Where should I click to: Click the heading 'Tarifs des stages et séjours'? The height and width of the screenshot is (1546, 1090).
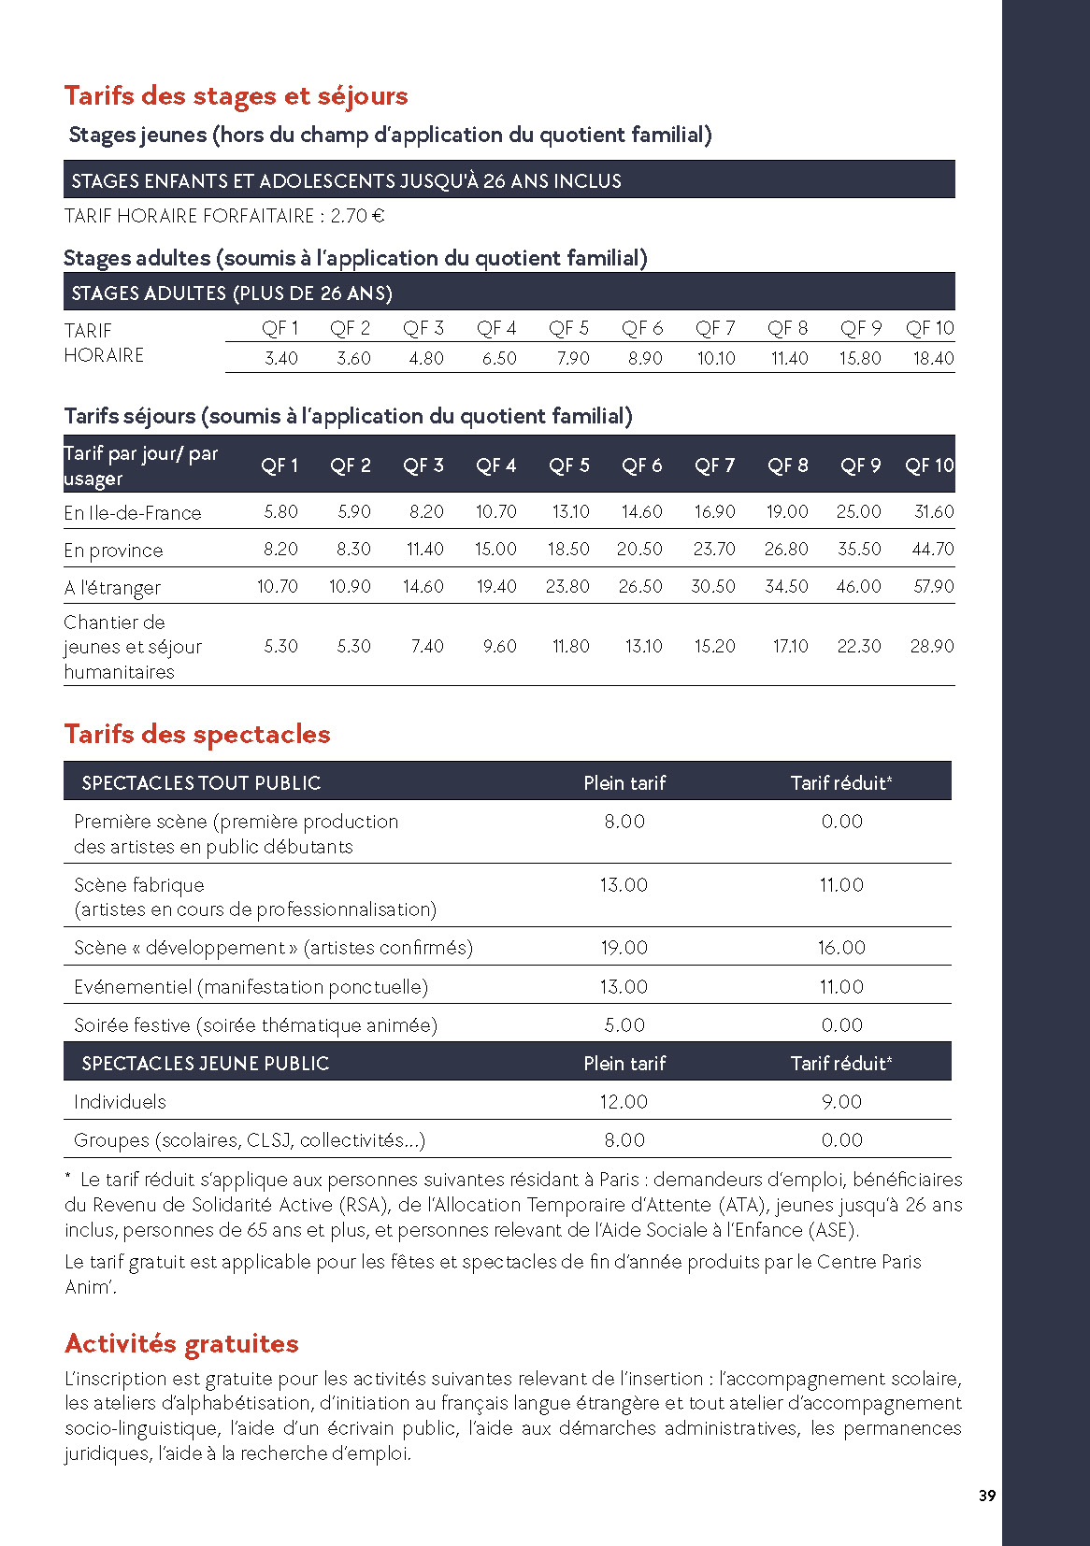[236, 95]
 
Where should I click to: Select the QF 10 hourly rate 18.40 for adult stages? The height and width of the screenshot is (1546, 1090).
[933, 358]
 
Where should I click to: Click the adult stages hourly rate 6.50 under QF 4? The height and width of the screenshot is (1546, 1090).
[499, 358]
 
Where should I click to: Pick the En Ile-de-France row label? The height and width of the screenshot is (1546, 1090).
[133, 512]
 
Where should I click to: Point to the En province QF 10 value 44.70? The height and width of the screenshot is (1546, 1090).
[932, 549]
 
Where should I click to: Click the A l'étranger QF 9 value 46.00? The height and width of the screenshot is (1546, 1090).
[858, 586]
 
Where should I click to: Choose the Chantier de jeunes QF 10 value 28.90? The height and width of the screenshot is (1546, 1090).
[932, 646]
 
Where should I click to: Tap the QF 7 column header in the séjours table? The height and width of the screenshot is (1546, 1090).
[714, 465]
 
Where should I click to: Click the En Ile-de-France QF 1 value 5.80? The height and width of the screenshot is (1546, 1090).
[280, 511]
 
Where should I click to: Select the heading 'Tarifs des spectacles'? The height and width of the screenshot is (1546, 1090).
[197, 734]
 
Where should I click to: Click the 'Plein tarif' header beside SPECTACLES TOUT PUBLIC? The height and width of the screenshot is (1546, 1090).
[624, 782]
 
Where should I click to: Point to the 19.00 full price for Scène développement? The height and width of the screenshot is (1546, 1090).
[624, 947]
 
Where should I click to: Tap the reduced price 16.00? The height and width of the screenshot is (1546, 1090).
[841, 947]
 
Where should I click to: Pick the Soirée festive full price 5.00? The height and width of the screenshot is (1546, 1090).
[624, 1024]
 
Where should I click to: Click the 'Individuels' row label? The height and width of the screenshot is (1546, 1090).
[120, 1101]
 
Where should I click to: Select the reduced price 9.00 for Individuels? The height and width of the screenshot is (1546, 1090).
[841, 1101]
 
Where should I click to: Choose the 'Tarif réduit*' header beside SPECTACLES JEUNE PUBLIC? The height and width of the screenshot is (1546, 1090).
[841, 1063]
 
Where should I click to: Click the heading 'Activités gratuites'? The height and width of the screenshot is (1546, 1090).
[181, 1343]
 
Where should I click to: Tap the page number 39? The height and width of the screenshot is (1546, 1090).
[987, 1496]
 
